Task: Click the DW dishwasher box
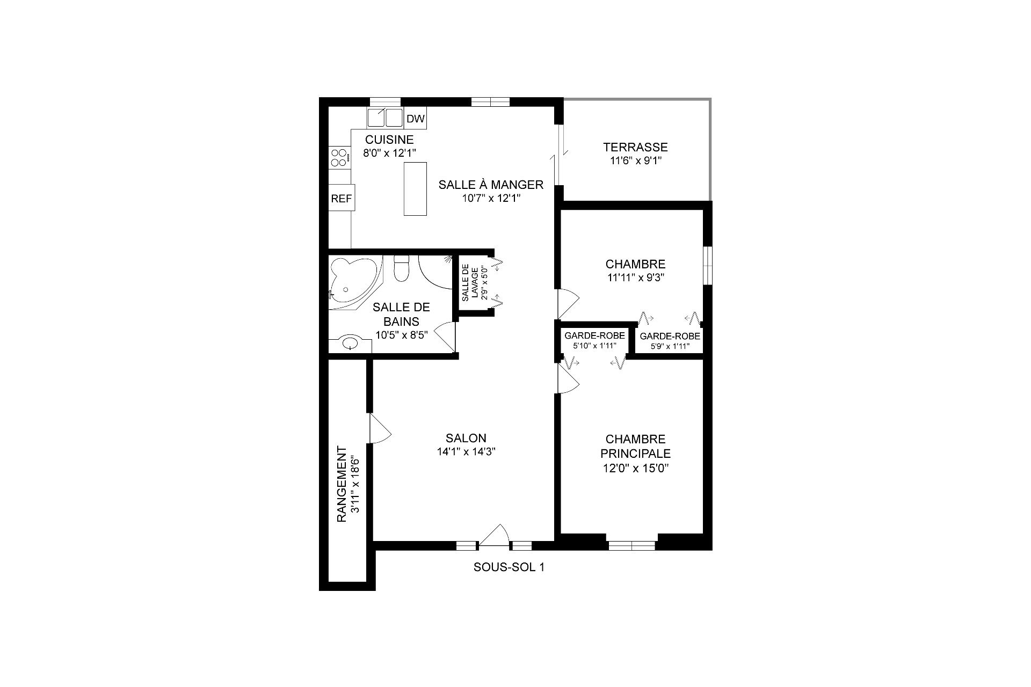416,119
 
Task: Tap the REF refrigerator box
341,199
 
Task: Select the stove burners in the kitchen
339,158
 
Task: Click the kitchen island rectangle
415,189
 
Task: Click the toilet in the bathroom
401,268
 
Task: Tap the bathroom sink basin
350,342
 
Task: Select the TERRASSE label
635,147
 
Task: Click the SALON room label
466,438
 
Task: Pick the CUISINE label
390,140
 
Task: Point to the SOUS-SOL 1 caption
509,567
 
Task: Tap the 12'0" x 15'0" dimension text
635,468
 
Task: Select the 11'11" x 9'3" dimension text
635,278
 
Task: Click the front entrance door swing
495,535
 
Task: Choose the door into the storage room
379,428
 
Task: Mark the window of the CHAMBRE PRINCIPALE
632,546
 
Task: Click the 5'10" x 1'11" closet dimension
594,346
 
